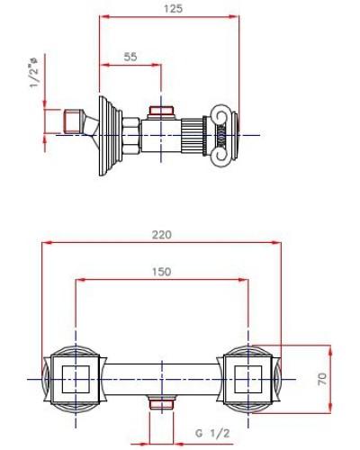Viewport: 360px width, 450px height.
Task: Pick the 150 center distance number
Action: point(162,272)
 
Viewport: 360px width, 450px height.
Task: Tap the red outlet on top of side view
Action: point(162,112)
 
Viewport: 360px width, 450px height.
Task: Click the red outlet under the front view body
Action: point(162,403)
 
